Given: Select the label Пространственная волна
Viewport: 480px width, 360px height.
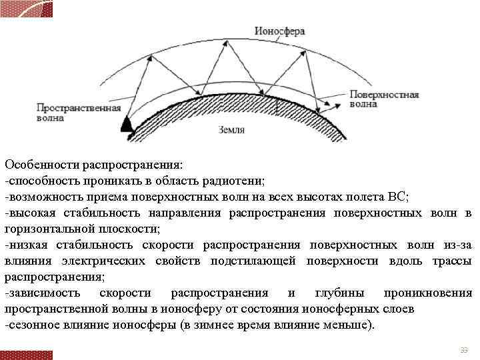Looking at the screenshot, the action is (70, 113).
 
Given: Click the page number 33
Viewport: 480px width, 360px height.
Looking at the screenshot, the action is (464, 351).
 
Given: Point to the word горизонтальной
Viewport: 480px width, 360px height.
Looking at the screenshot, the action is (49, 229).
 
